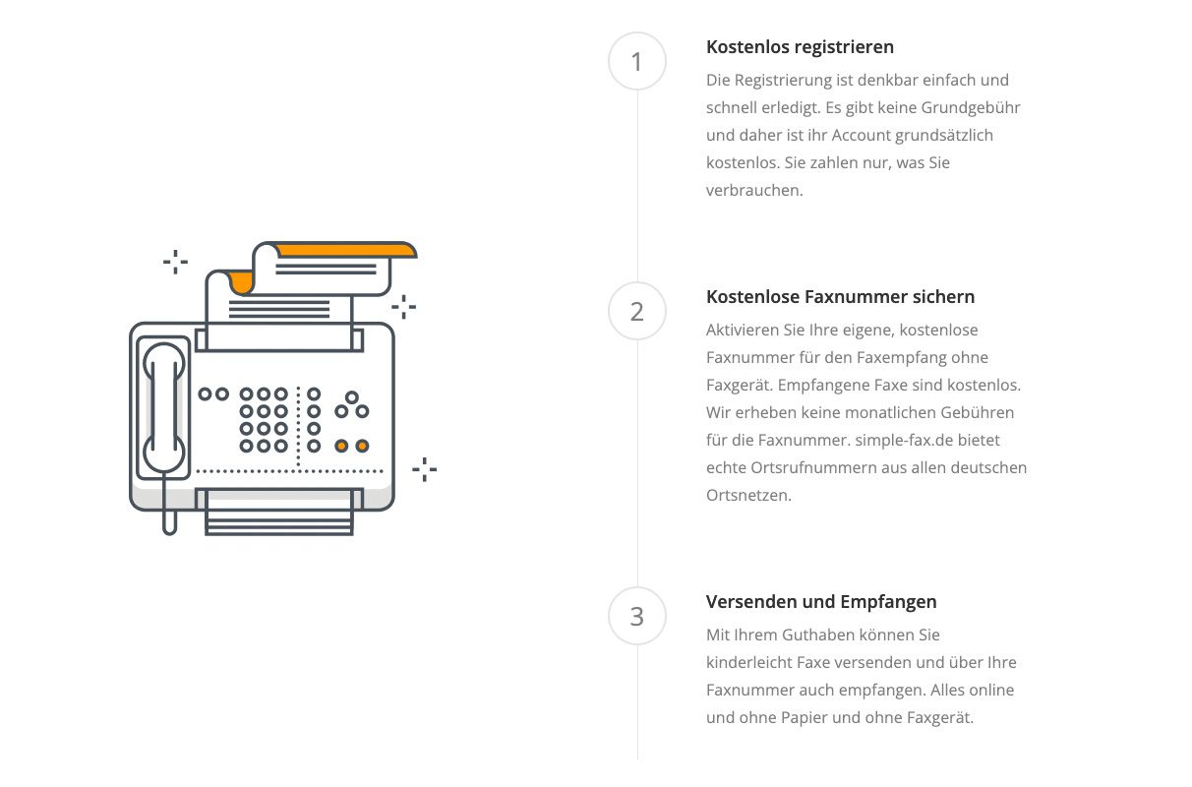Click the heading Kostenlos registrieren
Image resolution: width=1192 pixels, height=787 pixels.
point(800,47)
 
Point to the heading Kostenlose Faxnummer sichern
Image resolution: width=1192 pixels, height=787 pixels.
point(840,297)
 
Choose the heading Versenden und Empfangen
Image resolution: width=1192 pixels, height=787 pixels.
point(821,602)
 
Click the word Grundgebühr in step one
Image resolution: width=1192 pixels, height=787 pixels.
point(971,108)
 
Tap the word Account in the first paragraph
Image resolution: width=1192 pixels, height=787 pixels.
point(864,135)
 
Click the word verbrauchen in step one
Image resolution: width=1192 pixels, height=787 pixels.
point(754,191)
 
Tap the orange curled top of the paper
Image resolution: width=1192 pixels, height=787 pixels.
point(346,250)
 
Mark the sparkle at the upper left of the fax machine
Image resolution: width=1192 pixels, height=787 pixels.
point(176,262)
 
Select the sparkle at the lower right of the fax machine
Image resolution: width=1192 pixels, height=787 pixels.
point(425,469)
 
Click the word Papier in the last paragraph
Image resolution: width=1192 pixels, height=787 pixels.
point(805,718)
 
